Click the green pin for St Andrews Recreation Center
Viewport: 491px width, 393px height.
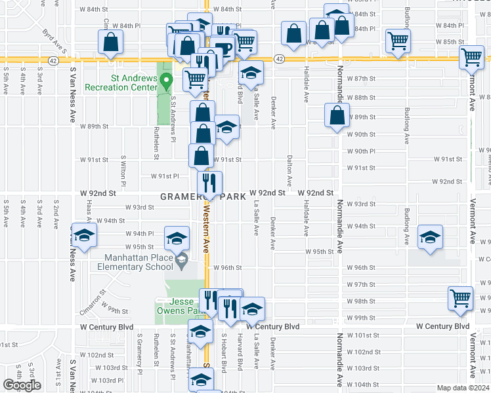(x=167, y=82)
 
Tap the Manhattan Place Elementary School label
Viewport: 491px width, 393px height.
(x=135, y=262)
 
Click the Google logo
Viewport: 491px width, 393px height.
(x=21, y=385)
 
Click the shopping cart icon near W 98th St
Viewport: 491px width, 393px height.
(x=460, y=298)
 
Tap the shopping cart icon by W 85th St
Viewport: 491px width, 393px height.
(x=398, y=41)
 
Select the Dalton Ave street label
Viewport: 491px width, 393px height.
(x=289, y=168)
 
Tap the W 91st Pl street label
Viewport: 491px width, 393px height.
(x=165, y=176)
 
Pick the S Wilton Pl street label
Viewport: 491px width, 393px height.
(x=123, y=168)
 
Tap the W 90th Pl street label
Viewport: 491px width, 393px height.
(x=360, y=151)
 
